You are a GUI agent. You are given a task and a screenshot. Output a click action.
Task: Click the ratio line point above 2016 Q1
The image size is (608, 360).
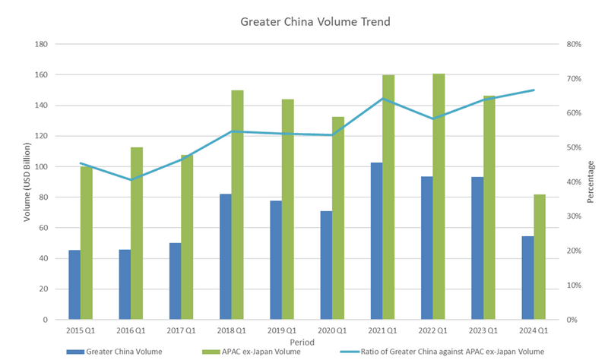(x=131, y=180)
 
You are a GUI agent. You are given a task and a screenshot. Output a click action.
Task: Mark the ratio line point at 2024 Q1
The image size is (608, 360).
(x=534, y=90)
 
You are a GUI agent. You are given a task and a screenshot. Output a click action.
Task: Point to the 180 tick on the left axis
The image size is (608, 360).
(x=42, y=44)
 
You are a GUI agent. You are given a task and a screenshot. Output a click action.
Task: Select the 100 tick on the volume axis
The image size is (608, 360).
(x=42, y=166)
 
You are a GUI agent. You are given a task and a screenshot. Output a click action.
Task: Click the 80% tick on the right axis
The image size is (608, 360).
(x=573, y=44)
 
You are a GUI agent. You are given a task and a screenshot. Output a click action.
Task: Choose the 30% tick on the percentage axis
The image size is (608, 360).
(x=573, y=216)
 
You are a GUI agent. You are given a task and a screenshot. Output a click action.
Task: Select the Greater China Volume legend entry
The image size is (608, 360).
(x=118, y=351)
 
